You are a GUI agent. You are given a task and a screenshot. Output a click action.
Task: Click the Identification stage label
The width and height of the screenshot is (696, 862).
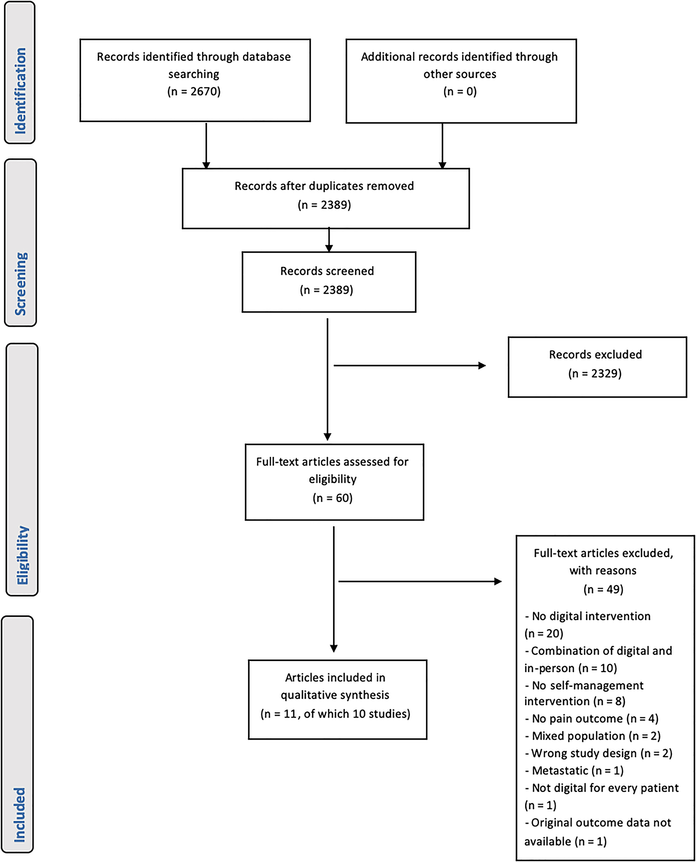[20, 91]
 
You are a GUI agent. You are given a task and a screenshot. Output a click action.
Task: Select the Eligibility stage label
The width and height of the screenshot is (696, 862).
[22, 555]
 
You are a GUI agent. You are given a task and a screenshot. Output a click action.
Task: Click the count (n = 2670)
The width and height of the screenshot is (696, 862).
[194, 92]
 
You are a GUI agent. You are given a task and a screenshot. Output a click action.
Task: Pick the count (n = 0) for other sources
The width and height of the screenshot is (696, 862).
[460, 92]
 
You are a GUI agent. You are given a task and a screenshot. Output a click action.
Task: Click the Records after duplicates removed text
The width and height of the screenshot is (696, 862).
[324, 186]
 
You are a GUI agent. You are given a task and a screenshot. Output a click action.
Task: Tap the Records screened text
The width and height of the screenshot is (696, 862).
[327, 271]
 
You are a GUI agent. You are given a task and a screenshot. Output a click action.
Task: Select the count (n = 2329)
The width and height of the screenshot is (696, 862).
[595, 374]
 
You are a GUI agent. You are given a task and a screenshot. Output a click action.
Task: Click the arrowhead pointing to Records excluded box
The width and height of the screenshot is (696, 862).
[482, 366]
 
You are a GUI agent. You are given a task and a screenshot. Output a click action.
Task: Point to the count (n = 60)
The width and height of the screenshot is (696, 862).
[332, 498]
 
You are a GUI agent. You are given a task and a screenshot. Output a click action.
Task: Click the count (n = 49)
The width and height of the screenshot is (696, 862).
[603, 589]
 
